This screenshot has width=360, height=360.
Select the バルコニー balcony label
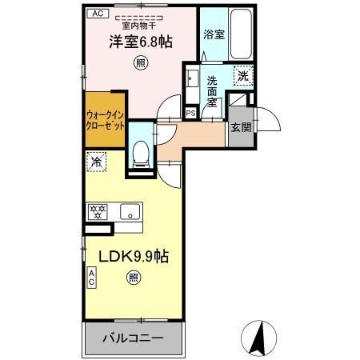pyautogui.click(x=133, y=338)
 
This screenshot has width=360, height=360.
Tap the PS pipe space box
pyautogui.click(x=190, y=114)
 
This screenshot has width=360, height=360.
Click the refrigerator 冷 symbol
pyautogui.click(x=96, y=160)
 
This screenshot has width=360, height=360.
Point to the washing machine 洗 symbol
pyautogui.click(x=242, y=77)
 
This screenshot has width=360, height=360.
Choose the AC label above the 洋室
pyautogui.click(x=97, y=14)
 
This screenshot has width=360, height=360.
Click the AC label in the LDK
pyautogui.click(x=92, y=278)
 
